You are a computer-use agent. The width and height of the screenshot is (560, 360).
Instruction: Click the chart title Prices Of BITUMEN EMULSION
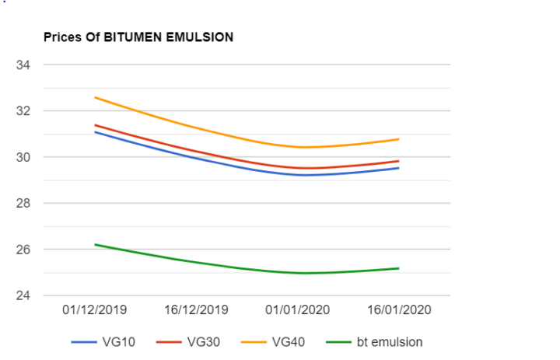[x=138, y=37]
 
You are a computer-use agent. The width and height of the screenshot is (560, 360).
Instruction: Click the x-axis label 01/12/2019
[x=94, y=309]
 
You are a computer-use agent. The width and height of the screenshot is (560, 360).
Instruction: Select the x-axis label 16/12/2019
[x=196, y=309]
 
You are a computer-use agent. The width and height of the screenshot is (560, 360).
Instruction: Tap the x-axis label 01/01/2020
[x=298, y=309]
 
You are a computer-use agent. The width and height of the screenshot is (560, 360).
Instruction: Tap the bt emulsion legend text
[x=389, y=341]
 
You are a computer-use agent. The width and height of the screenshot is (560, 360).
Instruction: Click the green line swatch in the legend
[x=339, y=341]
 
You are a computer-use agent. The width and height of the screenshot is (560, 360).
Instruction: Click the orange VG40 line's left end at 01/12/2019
[x=95, y=97]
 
